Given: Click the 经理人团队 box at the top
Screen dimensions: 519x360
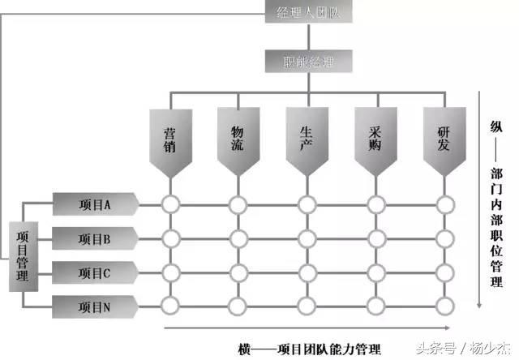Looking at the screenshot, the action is click(x=307, y=12).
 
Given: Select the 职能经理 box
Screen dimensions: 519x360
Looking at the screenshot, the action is click(x=307, y=61).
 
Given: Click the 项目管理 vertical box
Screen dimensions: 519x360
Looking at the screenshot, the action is click(x=23, y=255).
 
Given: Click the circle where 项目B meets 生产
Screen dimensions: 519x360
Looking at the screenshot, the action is click(x=307, y=239).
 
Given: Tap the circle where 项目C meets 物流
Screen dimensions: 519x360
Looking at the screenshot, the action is click(x=238, y=272).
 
